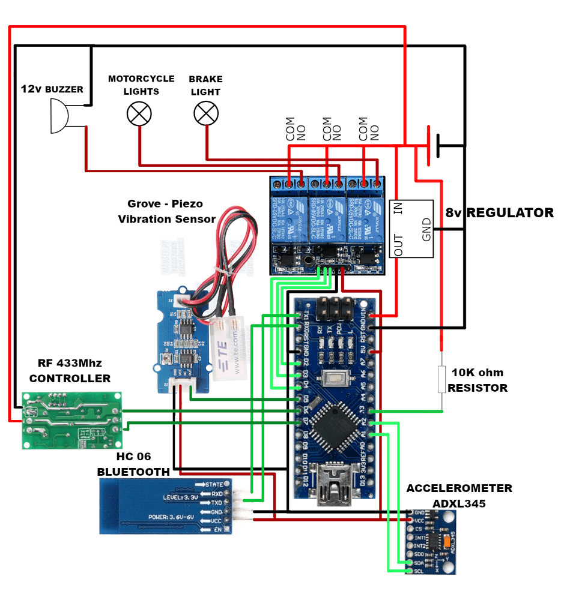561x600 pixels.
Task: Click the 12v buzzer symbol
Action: pos(59,116)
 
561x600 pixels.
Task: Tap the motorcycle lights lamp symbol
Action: pos(139,113)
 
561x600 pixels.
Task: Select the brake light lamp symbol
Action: pos(206,113)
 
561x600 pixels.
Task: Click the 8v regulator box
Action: pos(411,229)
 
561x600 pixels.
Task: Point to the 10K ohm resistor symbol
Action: pos(442,379)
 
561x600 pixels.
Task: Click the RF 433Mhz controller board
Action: pos(71,420)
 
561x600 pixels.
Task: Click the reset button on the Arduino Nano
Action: pos(333,379)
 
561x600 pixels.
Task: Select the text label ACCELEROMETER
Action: pos(459,488)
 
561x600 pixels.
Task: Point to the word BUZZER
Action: pos(64,89)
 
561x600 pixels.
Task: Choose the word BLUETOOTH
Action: pos(134,472)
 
